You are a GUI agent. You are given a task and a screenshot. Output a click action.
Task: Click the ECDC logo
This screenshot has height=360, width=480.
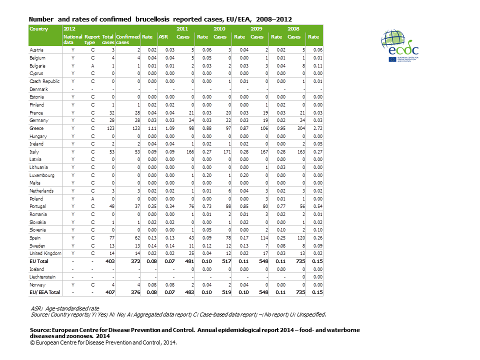(x=400, y=46)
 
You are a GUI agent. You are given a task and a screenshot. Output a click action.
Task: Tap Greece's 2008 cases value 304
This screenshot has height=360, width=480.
(x=294, y=128)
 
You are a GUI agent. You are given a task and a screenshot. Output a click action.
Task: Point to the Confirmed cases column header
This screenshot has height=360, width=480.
(x=127, y=39)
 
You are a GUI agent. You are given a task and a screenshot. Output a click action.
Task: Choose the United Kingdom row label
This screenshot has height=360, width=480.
(x=45, y=253)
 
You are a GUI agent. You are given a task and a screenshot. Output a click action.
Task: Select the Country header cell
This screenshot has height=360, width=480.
(x=39, y=29)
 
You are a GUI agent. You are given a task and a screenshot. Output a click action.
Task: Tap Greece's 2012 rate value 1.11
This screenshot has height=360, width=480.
(x=147, y=128)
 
